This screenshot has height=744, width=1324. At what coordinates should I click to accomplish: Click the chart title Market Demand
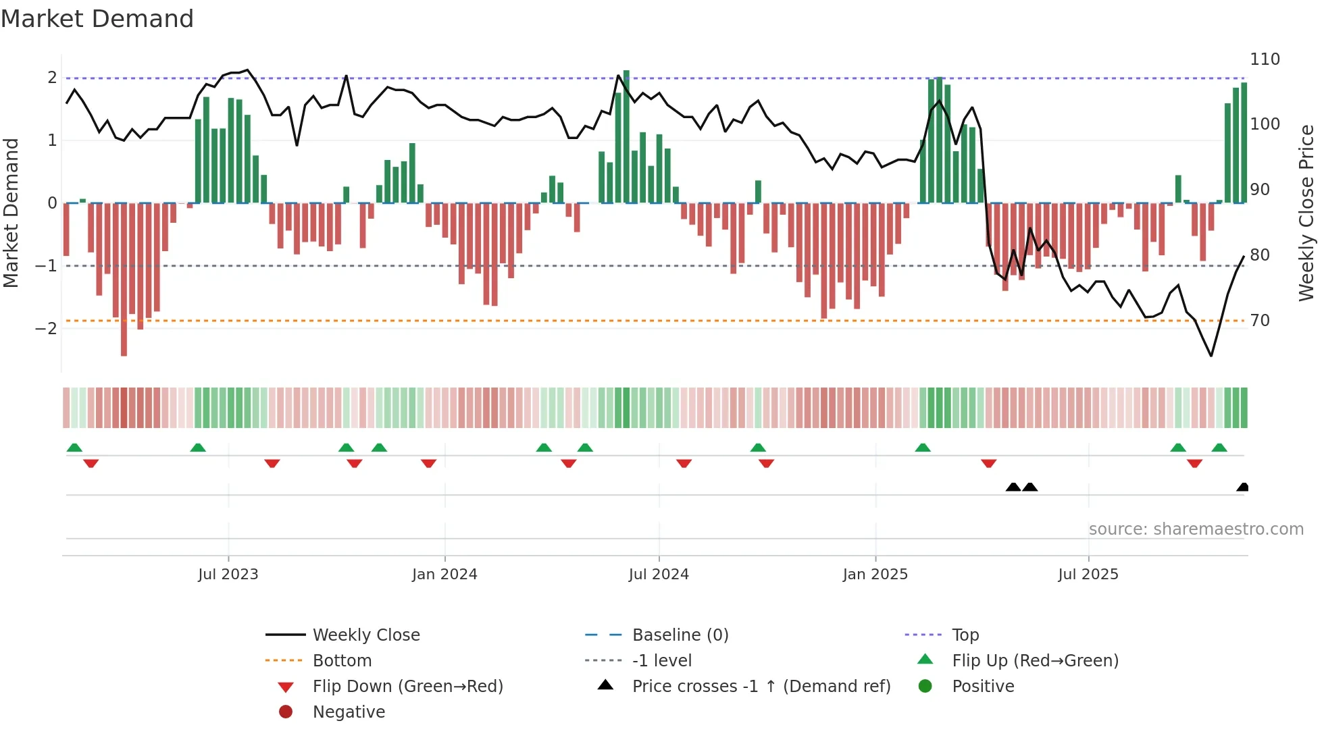pos(97,19)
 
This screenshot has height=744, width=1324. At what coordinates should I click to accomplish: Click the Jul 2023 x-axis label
pos(228,575)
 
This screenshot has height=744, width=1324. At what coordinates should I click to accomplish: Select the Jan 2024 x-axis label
pos(444,575)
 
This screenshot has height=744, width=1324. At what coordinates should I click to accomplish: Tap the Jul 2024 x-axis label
pos(659,575)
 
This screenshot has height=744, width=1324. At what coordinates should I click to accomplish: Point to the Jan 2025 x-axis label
pos(875,575)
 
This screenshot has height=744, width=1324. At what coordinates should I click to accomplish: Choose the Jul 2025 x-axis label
pos(1088,575)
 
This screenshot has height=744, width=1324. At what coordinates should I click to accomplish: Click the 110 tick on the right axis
pos(1265,59)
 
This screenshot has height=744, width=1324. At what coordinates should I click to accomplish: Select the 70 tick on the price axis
pos(1260,321)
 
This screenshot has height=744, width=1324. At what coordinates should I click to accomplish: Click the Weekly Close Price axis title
pos(1306,213)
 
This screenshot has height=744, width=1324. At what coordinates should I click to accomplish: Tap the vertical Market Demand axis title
pos(11,213)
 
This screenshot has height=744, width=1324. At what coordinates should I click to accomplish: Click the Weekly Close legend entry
pos(365,635)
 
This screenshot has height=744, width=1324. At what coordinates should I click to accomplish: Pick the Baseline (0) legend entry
pos(680,635)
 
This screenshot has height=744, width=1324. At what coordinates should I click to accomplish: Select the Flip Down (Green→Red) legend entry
pos(407,687)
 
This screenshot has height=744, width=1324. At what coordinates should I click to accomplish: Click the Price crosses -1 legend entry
pos(761,687)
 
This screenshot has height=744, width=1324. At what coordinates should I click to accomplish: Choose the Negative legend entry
pos(349,712)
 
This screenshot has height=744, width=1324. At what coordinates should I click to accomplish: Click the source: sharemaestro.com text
pos(1196,529)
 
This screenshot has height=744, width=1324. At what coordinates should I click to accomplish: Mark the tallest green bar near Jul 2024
pos(626,135)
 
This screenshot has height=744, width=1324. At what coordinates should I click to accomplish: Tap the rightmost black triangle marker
pos(1243,487)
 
